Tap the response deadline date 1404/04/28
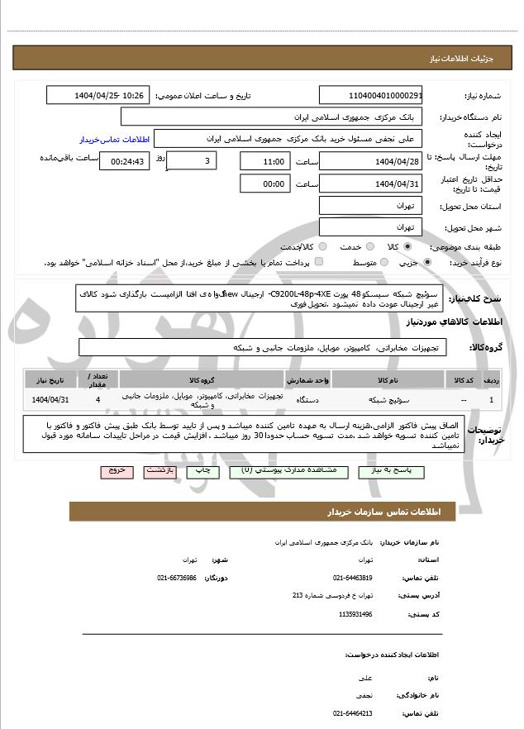[x=370, y=161]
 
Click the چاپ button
[x=202, y=470]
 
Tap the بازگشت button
[x=159, y=470]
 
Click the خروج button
[x=116, y=470]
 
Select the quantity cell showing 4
[x=98, y=400]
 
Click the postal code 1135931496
[x=356, y=614]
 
